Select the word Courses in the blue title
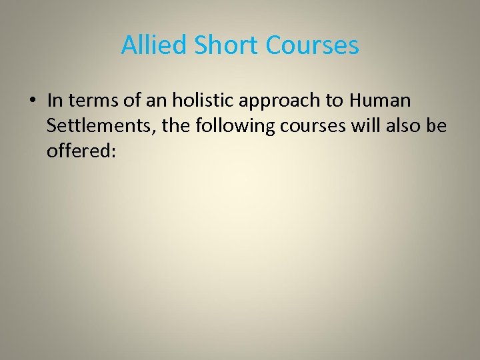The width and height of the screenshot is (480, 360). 312,45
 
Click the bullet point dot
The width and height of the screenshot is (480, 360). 31,101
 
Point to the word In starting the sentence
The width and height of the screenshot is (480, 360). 55,101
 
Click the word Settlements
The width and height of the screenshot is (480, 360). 101,127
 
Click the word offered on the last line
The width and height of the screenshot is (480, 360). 81,151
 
